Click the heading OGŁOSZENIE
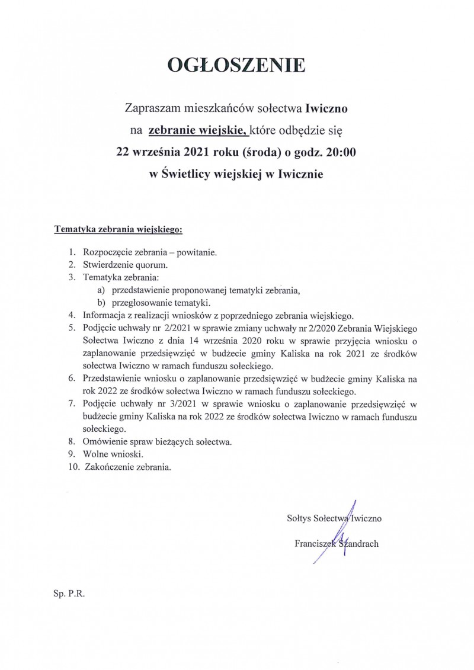[236, 65]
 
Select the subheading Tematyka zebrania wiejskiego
[118, 227]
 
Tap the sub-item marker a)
[101, 290]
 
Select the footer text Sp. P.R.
[69, 592]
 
